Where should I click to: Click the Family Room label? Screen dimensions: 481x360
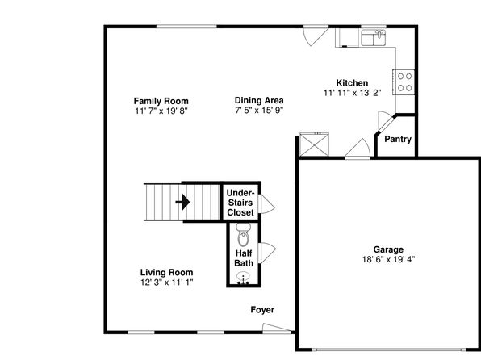click(x=161, y=101)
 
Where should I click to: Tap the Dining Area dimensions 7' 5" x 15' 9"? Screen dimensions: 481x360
click(x=259, y=110)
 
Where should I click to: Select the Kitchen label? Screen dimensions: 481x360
click(x=352, y=83)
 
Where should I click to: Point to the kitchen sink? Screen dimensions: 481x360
click(x=374, y=38)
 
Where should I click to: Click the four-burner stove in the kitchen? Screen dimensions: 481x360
click(x=404, y=82)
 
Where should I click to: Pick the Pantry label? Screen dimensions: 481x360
click(x=398, y=139)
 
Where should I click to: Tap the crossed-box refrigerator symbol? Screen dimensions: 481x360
click(x=314, y=144)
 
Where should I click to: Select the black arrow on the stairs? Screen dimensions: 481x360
click(x=183, y=202)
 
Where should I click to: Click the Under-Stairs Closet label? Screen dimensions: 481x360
click(x=240, y=203)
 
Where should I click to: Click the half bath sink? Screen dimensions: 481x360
click(x=244, y=278)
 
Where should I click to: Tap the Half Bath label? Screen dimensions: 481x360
click(x=244, y=258)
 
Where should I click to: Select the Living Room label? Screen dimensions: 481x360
click(x=166, y=272)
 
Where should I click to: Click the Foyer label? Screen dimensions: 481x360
click(x=262, y=310)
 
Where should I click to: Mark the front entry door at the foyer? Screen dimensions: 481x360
click(x=277, y=329)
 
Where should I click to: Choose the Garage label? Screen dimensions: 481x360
click(x=388, y=249)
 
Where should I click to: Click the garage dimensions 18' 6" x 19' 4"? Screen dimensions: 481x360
click(x=388, y=259)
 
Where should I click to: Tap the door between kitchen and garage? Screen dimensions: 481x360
click(x=358, y=149)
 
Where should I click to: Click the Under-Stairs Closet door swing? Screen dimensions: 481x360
click(x=266, y=204)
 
